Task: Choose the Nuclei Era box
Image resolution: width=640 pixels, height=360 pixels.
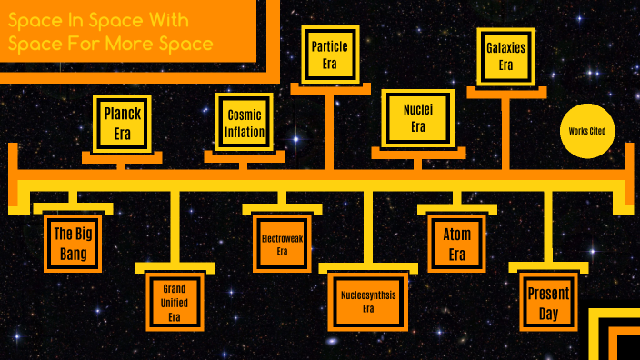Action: coord(417,118)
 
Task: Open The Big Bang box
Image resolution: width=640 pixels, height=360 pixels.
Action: coord(70,244)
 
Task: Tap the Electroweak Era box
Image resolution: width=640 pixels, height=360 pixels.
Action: coord(282,245)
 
